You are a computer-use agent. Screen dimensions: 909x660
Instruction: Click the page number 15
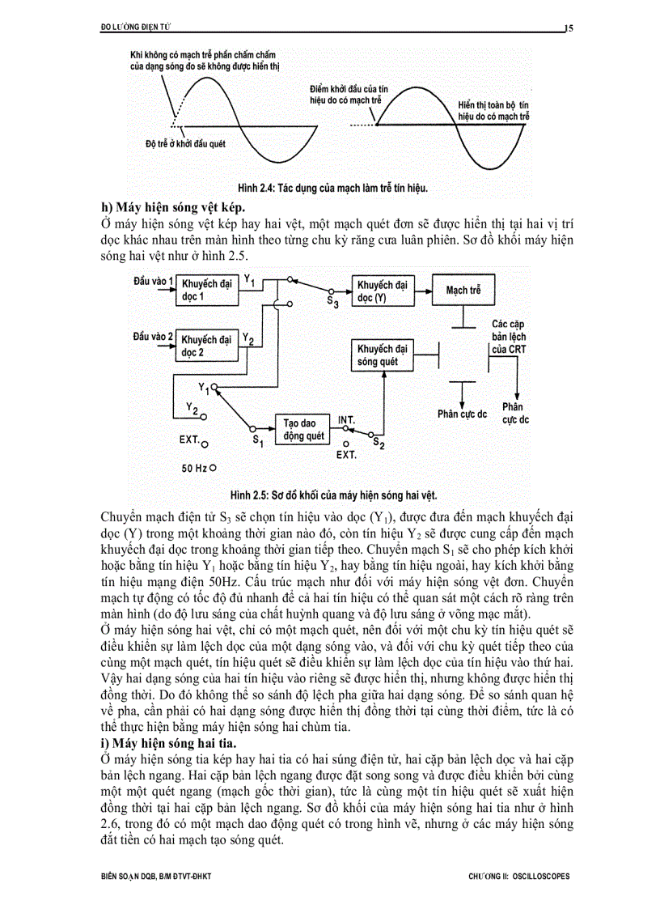[x=569, y=28]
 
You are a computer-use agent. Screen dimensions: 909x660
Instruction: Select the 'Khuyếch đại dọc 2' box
[x=208, y=347]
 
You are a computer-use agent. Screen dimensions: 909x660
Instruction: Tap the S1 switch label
[x=258, y=441]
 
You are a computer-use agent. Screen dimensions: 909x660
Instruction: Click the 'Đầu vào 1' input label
[x=153, y=280]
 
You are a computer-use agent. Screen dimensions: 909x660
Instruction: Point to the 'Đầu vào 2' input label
[x=153, y=334]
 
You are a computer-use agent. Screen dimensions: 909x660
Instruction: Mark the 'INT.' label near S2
[x=347, y=419]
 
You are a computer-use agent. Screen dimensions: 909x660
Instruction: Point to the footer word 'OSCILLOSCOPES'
[x=544, y=876]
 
